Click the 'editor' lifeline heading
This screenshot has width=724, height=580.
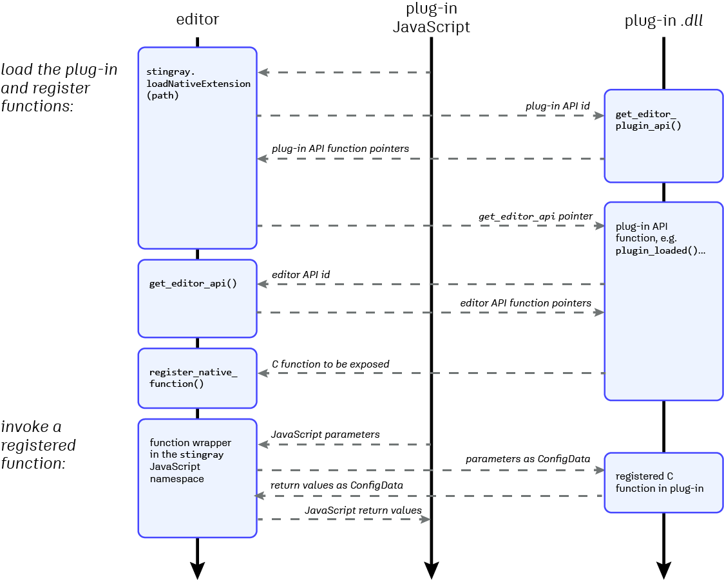click(x=197, y=19)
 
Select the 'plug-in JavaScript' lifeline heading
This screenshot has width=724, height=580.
click(x=431, y=18)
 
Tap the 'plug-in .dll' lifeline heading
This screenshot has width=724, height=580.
click(x=663, y=21)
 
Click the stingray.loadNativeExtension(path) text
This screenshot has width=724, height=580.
click(x=198, y=84)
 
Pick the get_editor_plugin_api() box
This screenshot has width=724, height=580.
click(x=663, y=136)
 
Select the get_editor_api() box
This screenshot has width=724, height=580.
click(x=197, y=298)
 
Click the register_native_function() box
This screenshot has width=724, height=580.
click(x=197, y=378)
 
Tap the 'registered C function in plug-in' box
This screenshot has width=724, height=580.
click(x=663, y=483)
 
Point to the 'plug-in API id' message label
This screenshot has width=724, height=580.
click(x=558, y=106)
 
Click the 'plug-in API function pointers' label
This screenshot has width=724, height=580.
click(x=340, y=149)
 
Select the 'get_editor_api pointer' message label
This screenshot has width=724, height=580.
click(x=535, y=216)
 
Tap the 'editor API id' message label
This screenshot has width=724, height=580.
click(x=301, y=274)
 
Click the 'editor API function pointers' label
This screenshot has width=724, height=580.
click(x=526, y=303)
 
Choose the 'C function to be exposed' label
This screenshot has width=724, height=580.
click(x=330, y=364)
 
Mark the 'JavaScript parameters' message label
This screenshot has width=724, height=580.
click(x=325, y=435)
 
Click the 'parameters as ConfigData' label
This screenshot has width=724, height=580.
click(x=528, y=459)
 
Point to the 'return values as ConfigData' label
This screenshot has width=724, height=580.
click(x=336, y=485)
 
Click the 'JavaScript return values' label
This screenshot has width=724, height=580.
click(x=363, y=510)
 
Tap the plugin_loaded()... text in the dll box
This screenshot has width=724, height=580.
click(x=660, y=250)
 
